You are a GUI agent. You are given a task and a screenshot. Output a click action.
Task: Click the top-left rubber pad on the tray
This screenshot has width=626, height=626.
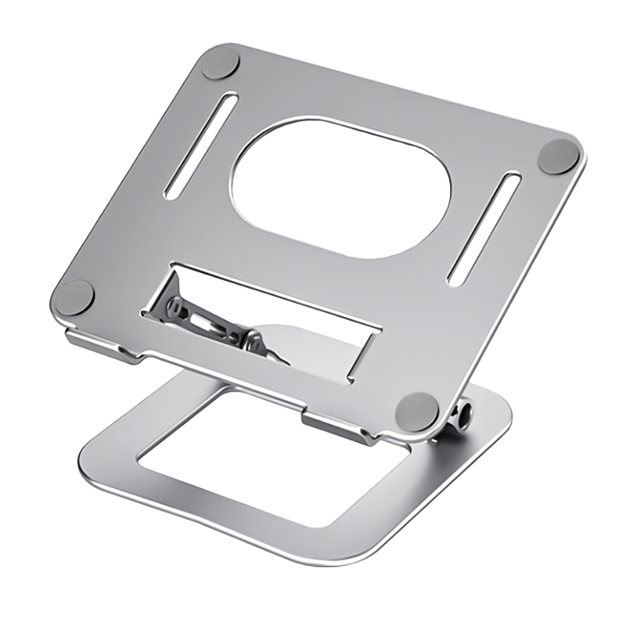(x=219, y=63)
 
